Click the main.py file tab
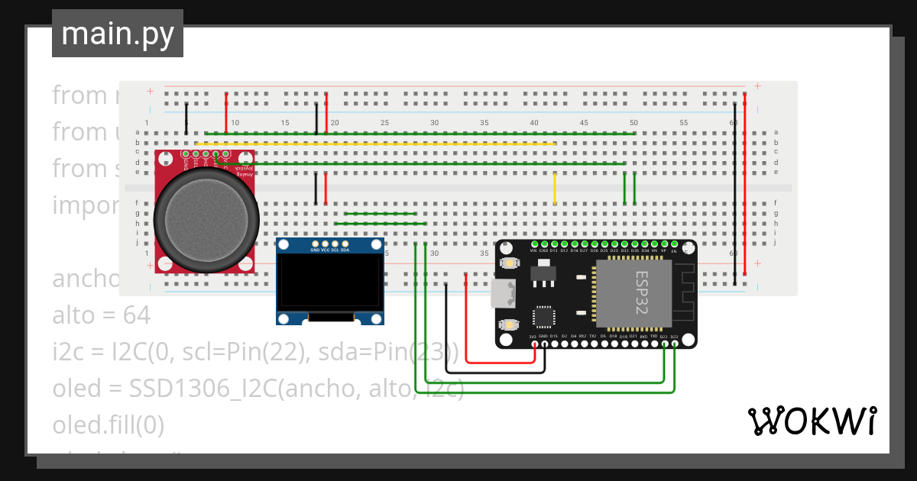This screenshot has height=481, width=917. tap(117, 34)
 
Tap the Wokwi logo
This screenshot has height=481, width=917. tap(811, 421)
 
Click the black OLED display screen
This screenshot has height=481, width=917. tap(329, 282)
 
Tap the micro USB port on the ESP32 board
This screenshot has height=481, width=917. tap(502, 293)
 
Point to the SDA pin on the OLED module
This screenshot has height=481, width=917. tap(345, 244)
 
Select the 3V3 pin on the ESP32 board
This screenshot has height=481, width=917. tap(533, 344)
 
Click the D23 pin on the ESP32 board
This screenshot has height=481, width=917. tap(674, 344)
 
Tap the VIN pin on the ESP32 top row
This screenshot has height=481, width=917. tap(533, 244)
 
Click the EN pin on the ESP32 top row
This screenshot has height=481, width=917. tap(673, 244)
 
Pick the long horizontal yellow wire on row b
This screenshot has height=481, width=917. tap(374, 143)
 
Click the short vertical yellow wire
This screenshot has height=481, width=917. tap(555, 189)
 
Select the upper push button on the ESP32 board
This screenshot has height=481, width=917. tap(507, 263)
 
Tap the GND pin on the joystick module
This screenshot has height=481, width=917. tap(186, 154)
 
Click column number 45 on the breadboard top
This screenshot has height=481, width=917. tap(584, 123)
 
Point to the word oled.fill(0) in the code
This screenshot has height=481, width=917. tap(108, 425)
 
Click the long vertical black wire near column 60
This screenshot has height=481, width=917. tap(735, 191)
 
